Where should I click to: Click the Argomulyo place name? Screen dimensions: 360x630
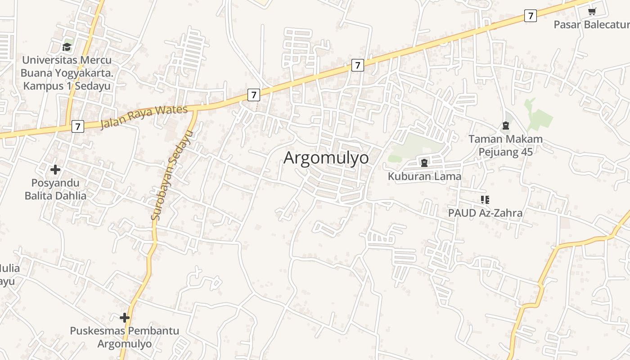pyautogui.click(x=326, y=158)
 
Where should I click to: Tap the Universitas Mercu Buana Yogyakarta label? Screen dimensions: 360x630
pyautogui.click(x=67, y=72)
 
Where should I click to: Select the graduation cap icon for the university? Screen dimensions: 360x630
pyautogui.click(x=67, y=47)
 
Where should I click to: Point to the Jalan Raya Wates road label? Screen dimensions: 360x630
pyautogui.click(x=144, y=116)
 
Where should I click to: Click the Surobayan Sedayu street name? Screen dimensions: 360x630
pyautogui.click(x=171, y=175)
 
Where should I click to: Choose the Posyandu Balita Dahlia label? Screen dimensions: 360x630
pyautogui.click(x=55, y=189)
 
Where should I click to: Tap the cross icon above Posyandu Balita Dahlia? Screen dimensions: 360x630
pyautogui.click(x=55, y=170)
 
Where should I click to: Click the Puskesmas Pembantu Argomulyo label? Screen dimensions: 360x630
pyautogui.click(x=125, y=337)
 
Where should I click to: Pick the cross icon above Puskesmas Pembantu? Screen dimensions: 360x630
pyautogui.click(x=125, y=318)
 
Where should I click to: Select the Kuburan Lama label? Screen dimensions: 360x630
pyautogui.click(x=424, y=176)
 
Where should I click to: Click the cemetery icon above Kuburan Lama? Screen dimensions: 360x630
pyautogui.click(x=424, y=162)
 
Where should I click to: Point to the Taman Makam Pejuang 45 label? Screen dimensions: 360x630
pyautogui.click(x=505, y=145)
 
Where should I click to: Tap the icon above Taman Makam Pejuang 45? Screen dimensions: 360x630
pyautogui.click(x=505, y=126)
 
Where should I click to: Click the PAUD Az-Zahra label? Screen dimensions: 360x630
pyautogui.click(x=485, y=213)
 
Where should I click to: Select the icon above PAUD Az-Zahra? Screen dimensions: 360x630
pyautogui.click(x=485, y=199)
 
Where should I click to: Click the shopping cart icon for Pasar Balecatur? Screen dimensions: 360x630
pyautogui.click(x=592, y=11)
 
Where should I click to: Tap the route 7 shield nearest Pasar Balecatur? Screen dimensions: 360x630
pyautogui.click(x=531, y=16)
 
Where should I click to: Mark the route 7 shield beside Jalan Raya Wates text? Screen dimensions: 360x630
pyautogui.click(x=77, y=126)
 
